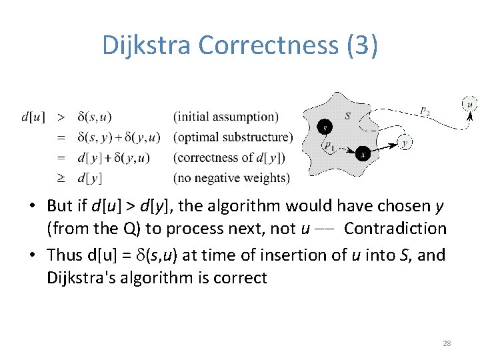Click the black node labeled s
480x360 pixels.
[325, 127]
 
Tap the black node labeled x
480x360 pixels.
[362, 153]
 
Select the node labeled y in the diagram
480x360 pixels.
[405, 142]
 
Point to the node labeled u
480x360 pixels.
[469, 104]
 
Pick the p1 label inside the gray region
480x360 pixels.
[329, 145]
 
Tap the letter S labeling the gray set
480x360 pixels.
[348, 116]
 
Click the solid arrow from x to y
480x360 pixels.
[384, 147]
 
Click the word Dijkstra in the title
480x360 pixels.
[147, 45]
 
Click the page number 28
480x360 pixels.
[447, 343]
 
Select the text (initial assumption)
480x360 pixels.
[226, 117]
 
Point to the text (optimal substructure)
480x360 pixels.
[233, 137]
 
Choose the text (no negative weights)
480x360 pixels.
[231, 178]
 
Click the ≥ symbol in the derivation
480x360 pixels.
[61, 178]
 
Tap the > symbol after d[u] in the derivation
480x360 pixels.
[61, 117]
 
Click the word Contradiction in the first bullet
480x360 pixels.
[395, 229]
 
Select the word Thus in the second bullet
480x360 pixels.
[67, 255]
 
